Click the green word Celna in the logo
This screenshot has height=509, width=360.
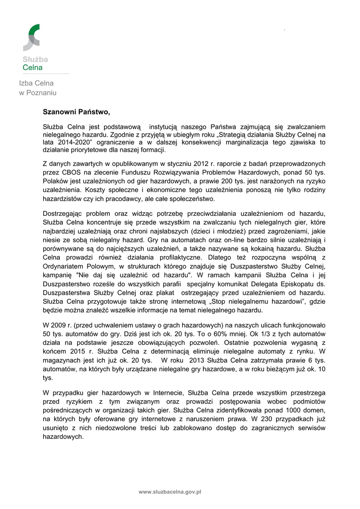(x=33, y=68)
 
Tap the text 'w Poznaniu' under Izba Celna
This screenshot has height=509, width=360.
(x=38, y=93)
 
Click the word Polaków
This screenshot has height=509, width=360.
(x=56, y=180)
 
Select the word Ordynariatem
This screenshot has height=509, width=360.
(x=65, y=266)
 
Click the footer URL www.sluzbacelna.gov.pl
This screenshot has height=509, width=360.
(x=170, y=492)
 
